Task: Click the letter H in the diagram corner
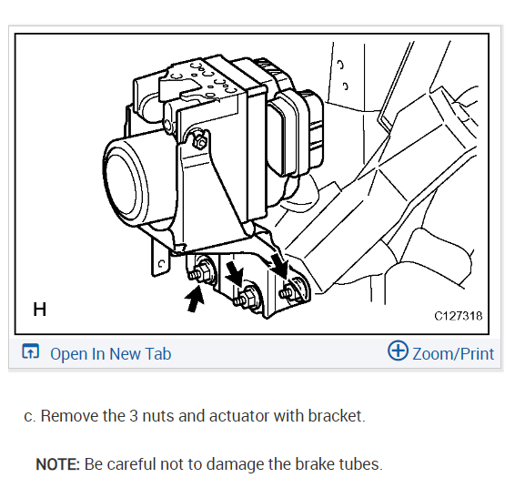(39, 310)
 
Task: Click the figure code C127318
(459, 317)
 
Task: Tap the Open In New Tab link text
(110, 354)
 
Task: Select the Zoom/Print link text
(453, 353)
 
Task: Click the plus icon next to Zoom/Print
(398, 351)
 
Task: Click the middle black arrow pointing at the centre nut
(234, 271)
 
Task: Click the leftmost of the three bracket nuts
(203, 270)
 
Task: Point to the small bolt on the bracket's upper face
(200, 142)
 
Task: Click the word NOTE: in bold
(57, 464)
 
